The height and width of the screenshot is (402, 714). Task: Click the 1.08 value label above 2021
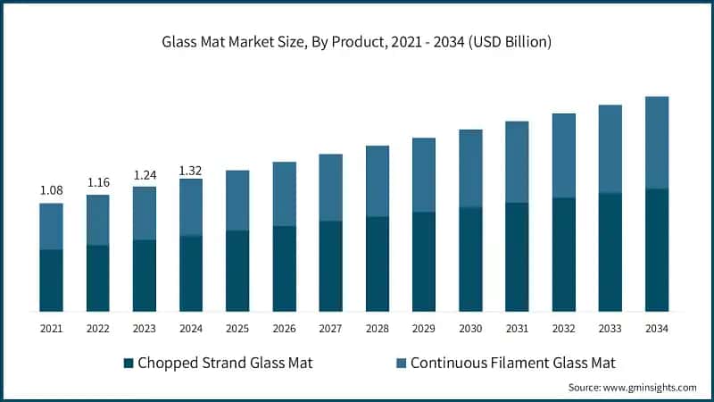click(x=51, y=190)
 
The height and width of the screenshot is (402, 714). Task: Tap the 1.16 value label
click(x=98, y=182)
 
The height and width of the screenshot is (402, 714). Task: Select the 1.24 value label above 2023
click(x=145, y=174)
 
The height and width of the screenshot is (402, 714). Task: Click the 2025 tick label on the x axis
click(x=237, y=329)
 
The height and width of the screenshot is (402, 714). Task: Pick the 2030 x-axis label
click(x=470, y=329)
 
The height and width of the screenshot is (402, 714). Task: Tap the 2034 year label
click(x=657, y=329)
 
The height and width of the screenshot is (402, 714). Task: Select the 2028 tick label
click(x=378, y=329)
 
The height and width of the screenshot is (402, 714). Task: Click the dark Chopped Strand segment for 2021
click(x=51, y=281)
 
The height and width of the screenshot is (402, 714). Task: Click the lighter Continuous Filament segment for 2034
click(x=657, y=143)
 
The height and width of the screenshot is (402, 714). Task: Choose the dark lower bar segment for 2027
click(x=331, y=266)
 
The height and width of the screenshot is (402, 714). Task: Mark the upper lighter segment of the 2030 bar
click(x=470, y=169)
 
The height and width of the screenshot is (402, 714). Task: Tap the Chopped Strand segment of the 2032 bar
click(x=564, y=255)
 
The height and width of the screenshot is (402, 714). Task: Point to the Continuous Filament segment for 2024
click(x=191, y=207)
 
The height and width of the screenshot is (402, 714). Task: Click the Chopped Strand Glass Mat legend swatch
click(x=129, y=363)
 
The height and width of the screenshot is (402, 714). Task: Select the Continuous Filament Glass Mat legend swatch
click(x=402, y=363)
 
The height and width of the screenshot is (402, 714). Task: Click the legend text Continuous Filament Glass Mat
click(x=514, y=363)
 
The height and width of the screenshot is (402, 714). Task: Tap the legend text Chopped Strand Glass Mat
click(x=227, y=363)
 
